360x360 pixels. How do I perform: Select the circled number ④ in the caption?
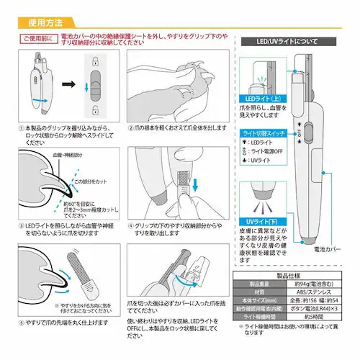tap(131, 225)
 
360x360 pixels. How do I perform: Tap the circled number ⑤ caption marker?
tap(21, 323)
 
